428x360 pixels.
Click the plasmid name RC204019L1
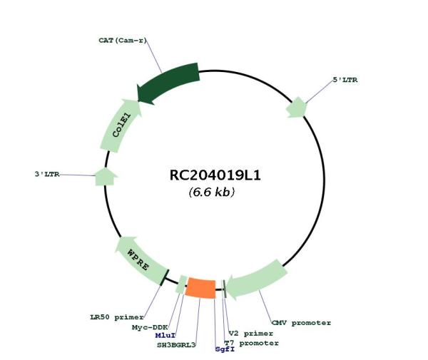[215, 175]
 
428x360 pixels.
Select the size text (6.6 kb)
[212, 192]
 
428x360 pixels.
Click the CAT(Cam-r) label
[123, 41]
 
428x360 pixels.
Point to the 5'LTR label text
[345, 80]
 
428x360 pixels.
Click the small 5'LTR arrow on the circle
[297, 108]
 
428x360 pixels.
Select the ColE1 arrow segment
[121, 125]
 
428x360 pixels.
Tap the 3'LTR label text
[47, 174]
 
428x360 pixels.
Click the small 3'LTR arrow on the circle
[106, 177]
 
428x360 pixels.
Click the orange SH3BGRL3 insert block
[200, 288]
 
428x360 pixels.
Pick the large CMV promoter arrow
[257, 279]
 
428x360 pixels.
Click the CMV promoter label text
[301, 323]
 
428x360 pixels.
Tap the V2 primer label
[251, 334]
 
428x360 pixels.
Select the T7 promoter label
[251, 343]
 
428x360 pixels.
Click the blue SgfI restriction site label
[225, 349]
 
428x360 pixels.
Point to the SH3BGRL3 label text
[176, 345]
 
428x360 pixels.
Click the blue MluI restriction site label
[165, 336]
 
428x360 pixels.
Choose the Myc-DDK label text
[150, 327]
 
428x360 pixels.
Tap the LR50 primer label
[117, 317]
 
